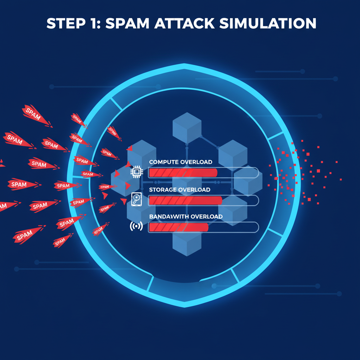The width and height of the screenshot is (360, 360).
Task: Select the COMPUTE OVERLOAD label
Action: [x=180, y=162]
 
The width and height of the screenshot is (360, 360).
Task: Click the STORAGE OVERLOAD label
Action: [x=179, y=190]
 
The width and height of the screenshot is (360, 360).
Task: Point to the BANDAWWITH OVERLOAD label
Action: [x=186, y=217]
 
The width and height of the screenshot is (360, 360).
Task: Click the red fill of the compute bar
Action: [x=183, y=173]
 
